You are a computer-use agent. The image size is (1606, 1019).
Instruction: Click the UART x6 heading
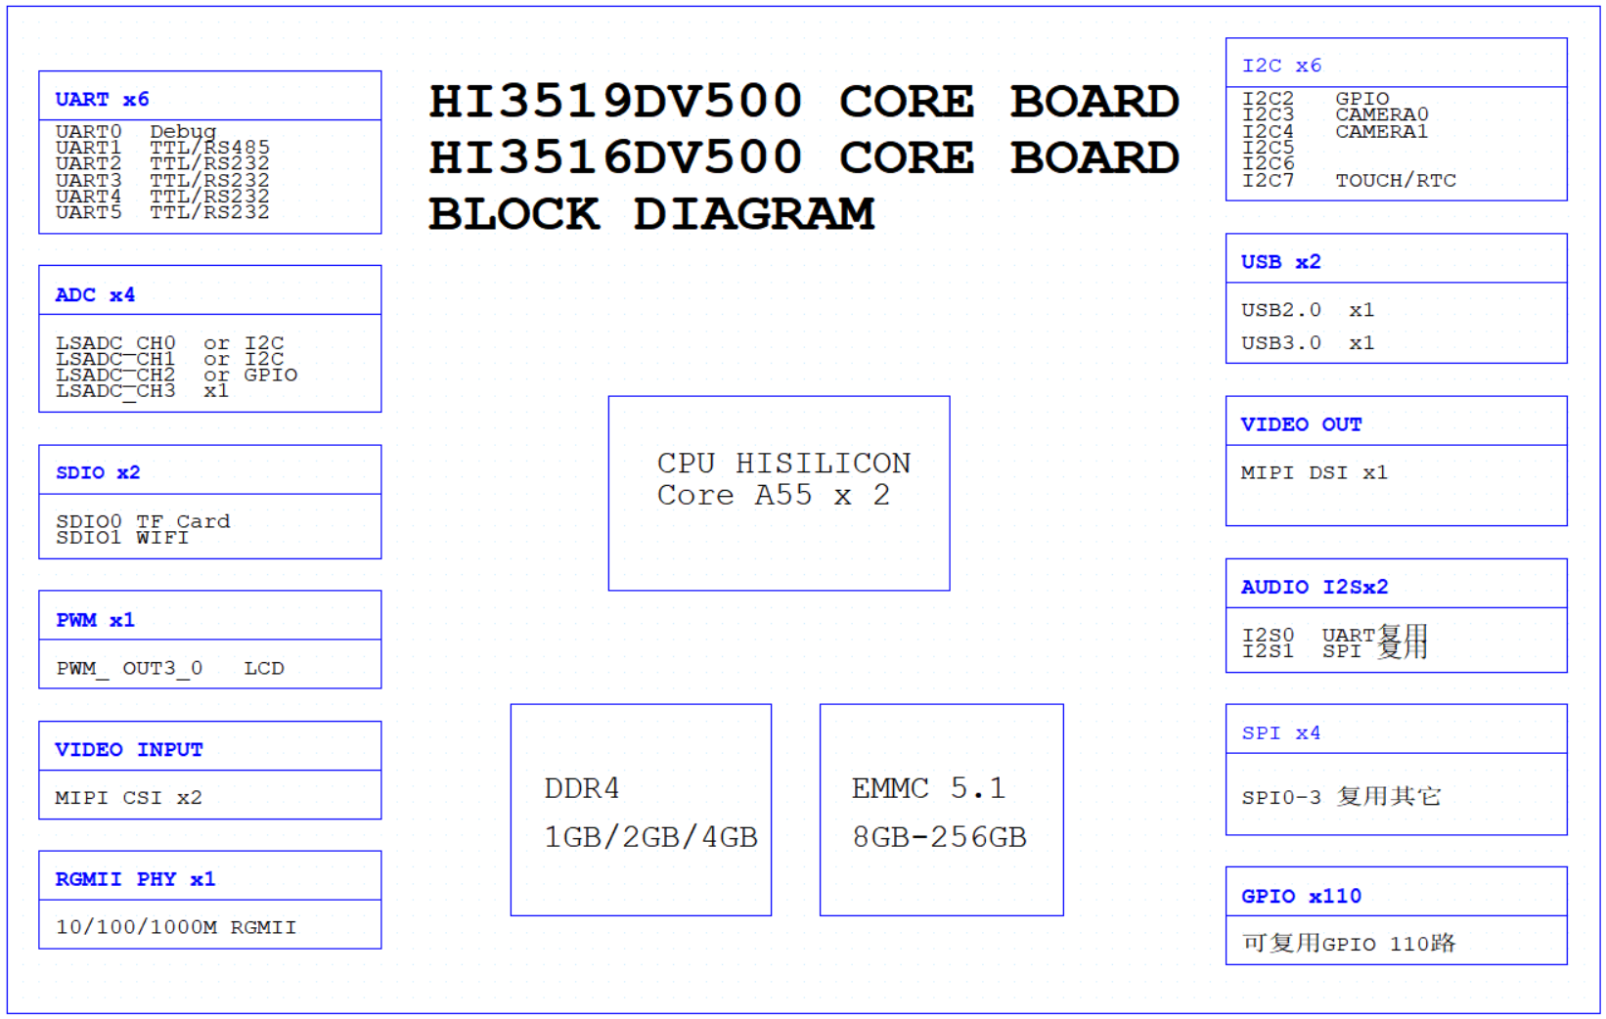pos(102,99)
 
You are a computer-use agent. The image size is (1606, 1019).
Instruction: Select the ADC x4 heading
pos(95,294)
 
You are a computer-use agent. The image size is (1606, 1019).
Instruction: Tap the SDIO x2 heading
pos(98,472)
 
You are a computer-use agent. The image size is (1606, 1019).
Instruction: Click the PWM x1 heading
pos(95,620)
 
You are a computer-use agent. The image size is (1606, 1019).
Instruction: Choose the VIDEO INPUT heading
pos(128,749)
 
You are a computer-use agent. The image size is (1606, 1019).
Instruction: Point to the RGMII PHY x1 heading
pos(135,878)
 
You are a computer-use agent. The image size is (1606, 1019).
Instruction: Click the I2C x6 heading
pos(1281,66)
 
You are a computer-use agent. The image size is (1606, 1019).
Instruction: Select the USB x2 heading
pos(1280,261)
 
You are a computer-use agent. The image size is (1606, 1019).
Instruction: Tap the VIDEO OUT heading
pos(1301,423)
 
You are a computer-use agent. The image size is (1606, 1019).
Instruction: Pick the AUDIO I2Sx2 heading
pos(1314,587)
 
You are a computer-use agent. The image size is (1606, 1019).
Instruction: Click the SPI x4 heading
pos(1280,732)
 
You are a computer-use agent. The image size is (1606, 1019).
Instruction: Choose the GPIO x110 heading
pos(1301,896)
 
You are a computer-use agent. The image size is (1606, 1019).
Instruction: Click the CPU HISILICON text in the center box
pos(783,463)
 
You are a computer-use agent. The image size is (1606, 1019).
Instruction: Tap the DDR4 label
pos(582,788)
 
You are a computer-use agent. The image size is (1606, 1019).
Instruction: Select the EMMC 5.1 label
pos(928,788)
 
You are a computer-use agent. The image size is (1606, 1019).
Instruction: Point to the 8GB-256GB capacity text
pos(939,837)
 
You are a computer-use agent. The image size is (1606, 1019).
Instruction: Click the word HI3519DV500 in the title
pos(615,102)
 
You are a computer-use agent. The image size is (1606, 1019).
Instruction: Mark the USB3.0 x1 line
pos(1307,342)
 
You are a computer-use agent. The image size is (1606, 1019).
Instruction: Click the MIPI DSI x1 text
pos(1314,472)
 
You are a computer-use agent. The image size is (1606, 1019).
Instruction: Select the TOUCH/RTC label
pos(1395,180)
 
